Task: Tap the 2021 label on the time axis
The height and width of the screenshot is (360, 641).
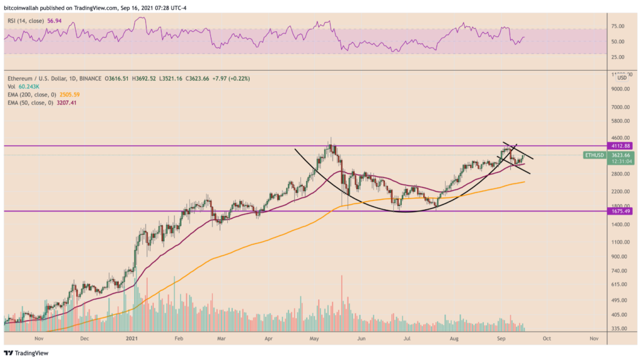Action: point(132,338)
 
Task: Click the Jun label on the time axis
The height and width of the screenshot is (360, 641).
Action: point(361,338)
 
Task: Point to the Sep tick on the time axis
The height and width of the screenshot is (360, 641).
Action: point(501,338)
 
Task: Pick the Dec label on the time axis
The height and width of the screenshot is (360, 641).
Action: point(85,338)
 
